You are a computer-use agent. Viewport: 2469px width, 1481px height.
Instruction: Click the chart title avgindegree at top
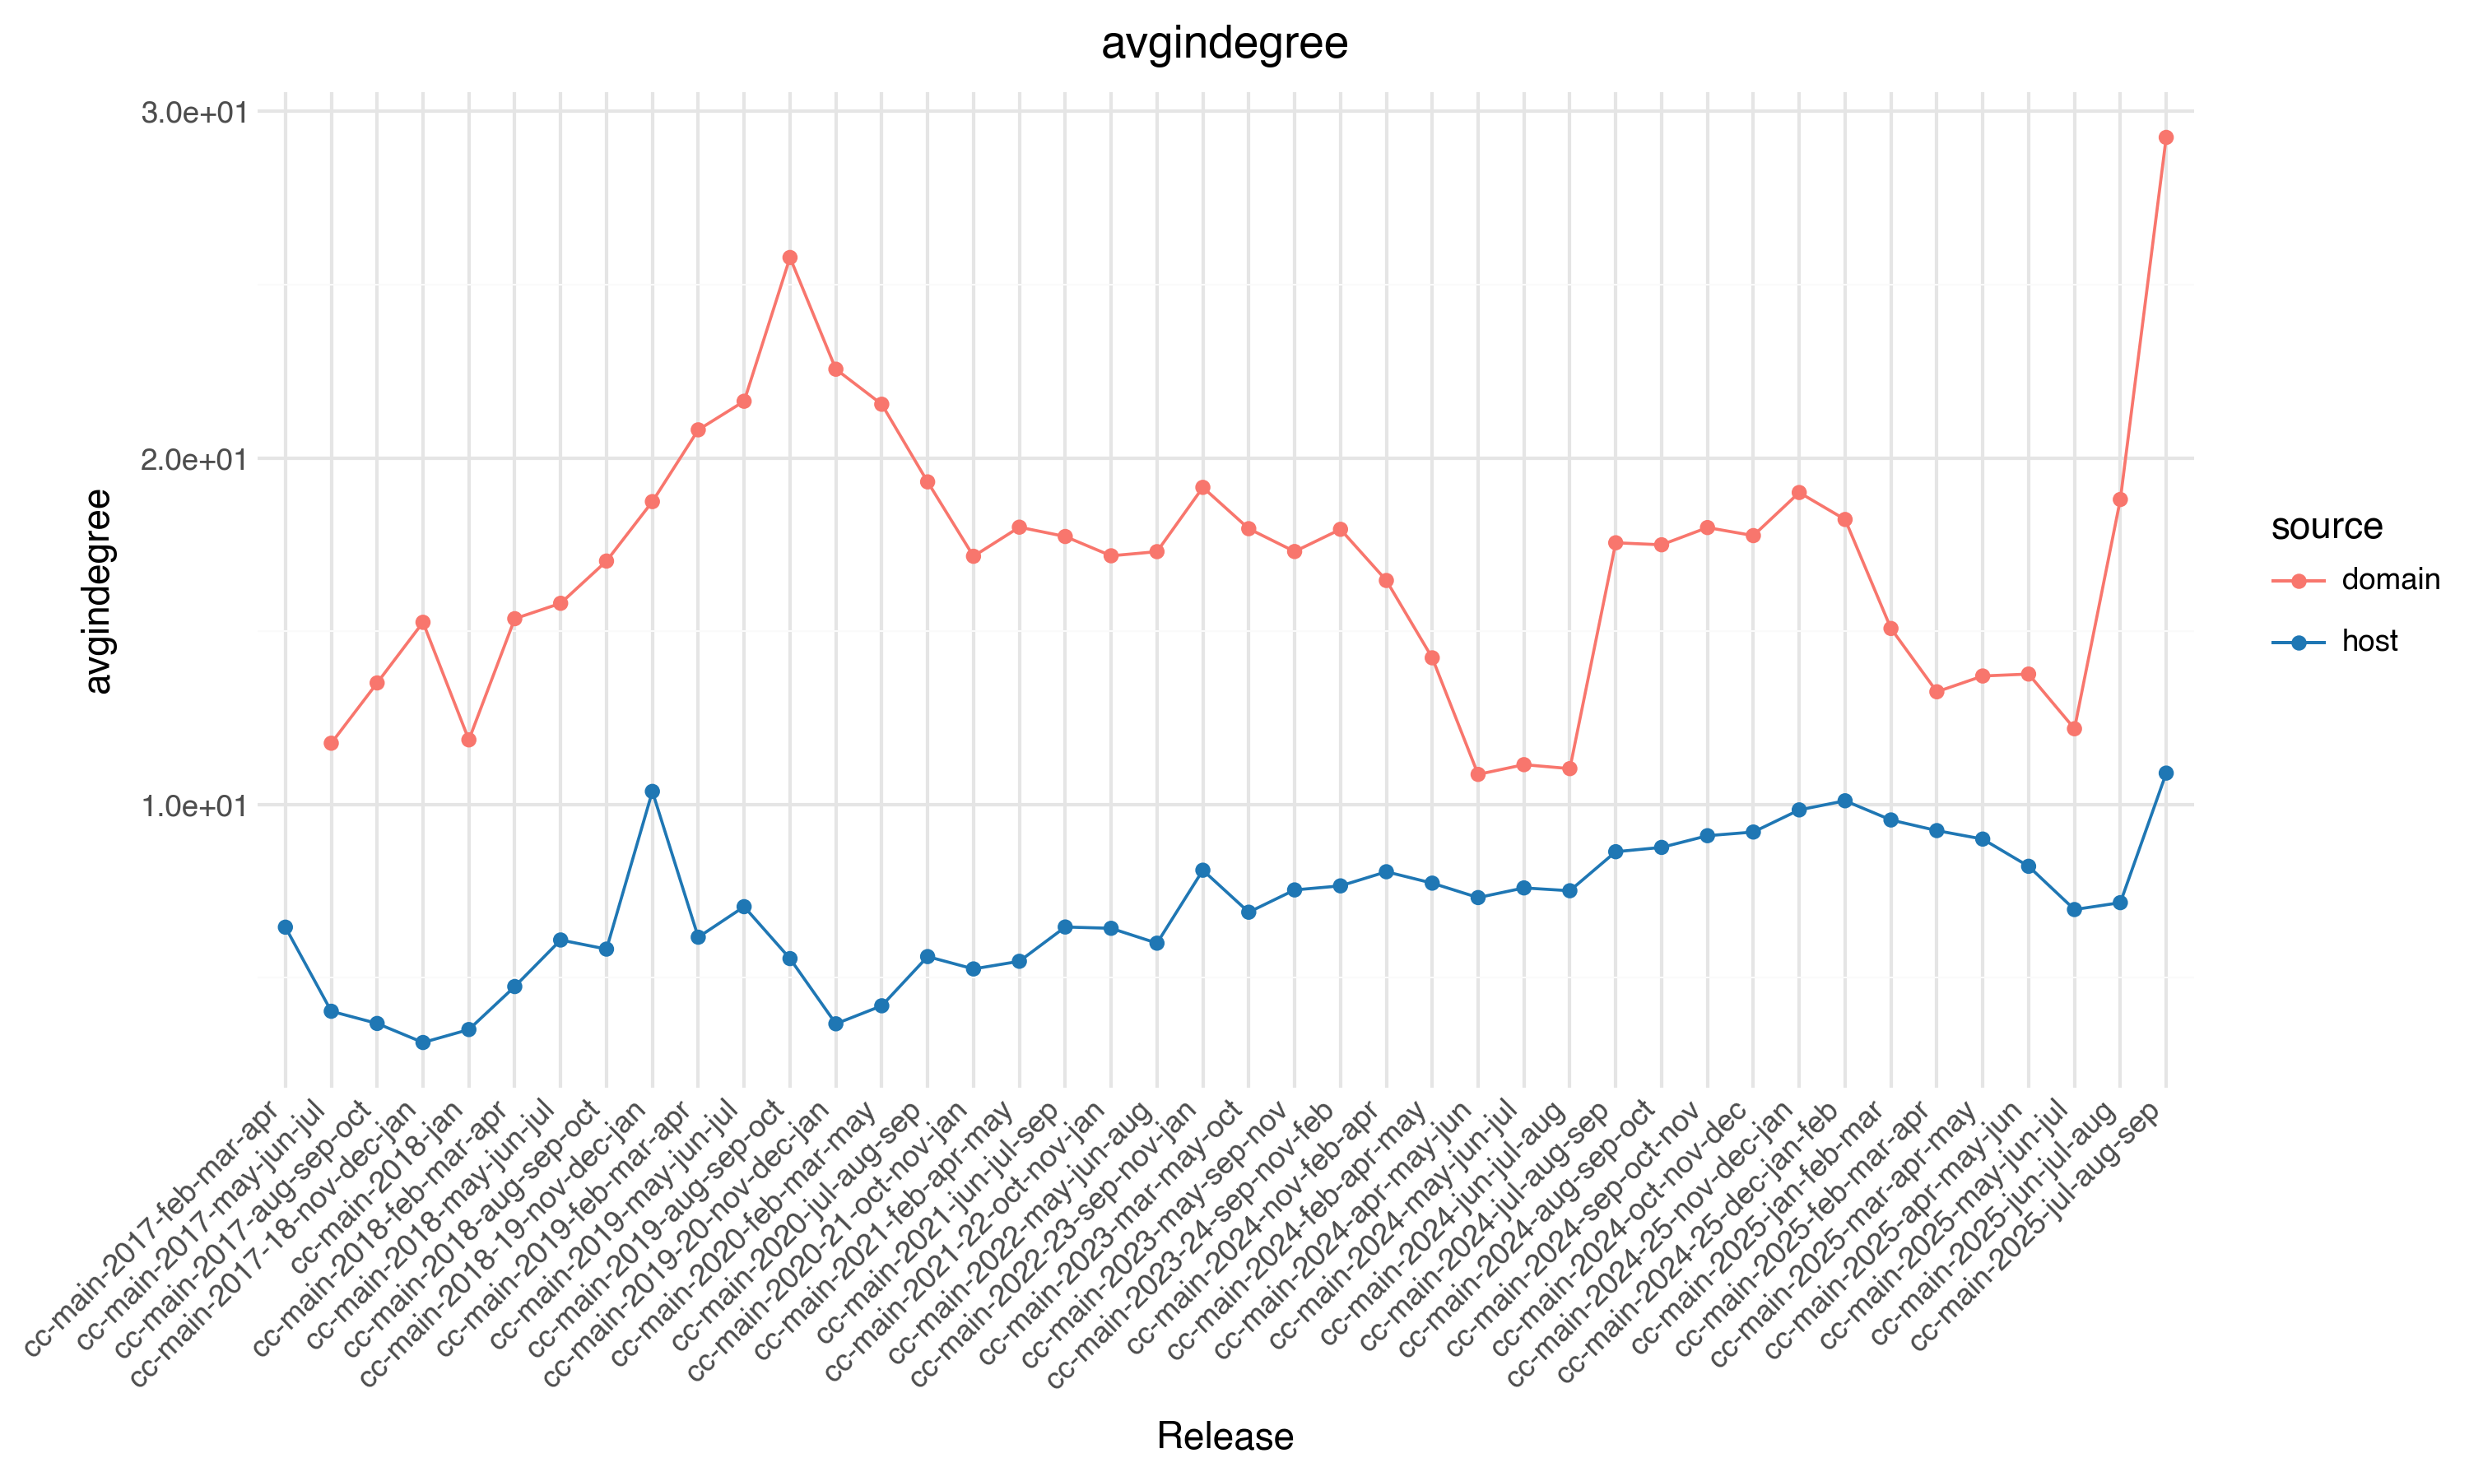point(1225,44)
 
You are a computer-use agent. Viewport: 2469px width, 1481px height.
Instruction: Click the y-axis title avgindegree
point(98,592)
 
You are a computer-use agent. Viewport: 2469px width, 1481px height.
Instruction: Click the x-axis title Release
point(1225,1436)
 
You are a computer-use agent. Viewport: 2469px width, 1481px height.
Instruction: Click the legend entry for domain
point(2389,580)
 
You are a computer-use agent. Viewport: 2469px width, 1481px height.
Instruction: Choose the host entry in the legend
point(2369,642)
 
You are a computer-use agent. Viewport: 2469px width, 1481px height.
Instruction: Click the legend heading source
point(2327,526)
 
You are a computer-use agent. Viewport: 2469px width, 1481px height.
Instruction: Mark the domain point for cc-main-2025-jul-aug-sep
point(2165,137)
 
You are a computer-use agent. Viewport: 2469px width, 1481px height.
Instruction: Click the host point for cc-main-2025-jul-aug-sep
point(2165,773)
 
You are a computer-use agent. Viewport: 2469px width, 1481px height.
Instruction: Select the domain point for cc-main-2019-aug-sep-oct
point(789,258)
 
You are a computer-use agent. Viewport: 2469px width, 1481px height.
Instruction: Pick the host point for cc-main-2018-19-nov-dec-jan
point(652,792)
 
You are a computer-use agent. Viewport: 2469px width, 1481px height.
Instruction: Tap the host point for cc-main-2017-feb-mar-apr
point(286,927)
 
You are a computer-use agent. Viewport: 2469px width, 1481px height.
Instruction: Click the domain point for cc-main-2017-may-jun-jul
point(332,744)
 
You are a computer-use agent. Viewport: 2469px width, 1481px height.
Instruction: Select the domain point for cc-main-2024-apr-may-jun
point(1478,774)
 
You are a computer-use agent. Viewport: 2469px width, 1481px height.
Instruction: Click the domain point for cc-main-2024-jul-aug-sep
point(1616,543)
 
